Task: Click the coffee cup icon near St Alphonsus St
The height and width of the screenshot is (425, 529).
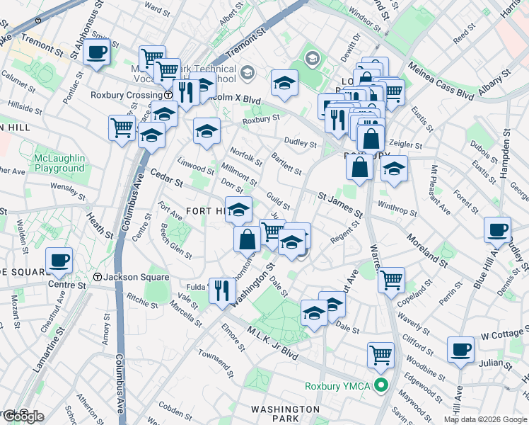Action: tap(96, 51)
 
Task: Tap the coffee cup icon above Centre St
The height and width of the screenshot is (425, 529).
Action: tap(59, 260)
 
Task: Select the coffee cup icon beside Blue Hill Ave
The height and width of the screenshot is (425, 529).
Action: tap(497, 230)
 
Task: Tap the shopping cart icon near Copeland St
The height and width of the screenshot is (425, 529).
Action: tap(390, 279)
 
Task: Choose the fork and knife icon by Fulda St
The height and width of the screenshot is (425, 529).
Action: tap(222, 289)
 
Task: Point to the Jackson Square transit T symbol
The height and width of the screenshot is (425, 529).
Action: tap(98, 277)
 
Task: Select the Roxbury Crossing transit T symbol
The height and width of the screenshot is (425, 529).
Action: tap(168, 94)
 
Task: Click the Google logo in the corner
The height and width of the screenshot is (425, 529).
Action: tap(23, 416)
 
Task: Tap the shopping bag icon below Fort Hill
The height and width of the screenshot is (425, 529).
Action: tap(248, 239)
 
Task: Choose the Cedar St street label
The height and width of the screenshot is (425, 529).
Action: tap(165, 178)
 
